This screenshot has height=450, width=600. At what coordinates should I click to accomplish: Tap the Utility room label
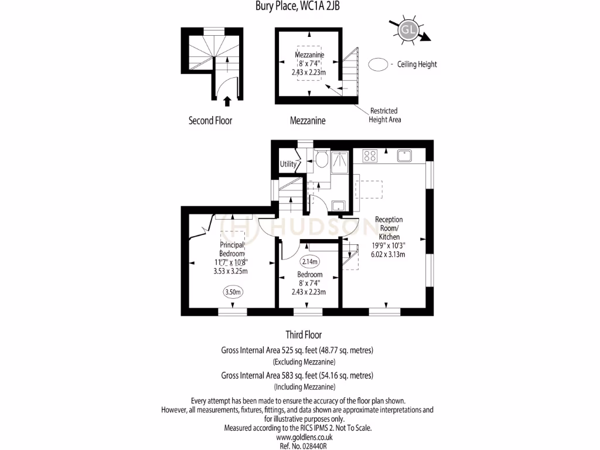(x=288, y=164)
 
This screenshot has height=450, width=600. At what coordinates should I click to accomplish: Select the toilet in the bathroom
(x=321, y=159)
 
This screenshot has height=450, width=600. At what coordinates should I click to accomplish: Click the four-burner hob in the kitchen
(x=370, y=156)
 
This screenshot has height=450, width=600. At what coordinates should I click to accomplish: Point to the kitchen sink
(x=405, y=156)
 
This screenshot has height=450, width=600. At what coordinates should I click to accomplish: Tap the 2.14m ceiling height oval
(x=309, y=261)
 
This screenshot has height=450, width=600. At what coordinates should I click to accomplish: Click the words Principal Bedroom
(x=233, y=249)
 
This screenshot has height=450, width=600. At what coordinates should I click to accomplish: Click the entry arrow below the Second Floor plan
(x=227, y=102)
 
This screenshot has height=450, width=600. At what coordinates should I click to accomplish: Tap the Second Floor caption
(x=210, y=121)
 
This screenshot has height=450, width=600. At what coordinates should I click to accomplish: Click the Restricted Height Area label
(x=384, y=115)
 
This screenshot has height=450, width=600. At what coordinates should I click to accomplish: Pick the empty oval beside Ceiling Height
(x=379, y=64)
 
